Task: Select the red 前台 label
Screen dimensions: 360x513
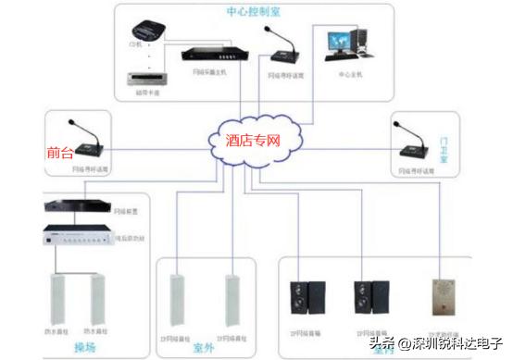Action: point(59,153)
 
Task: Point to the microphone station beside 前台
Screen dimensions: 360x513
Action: point(89,142)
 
